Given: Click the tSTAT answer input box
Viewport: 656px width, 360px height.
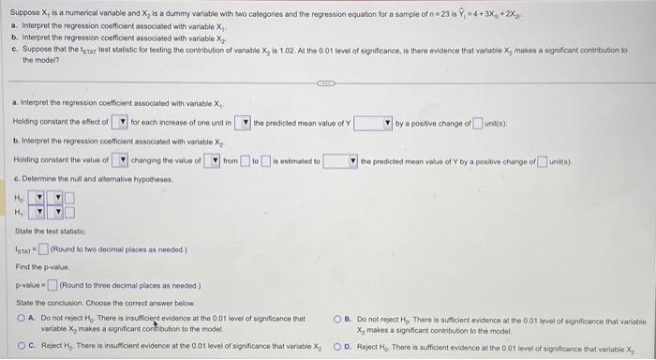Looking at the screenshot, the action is (x=44, y=247).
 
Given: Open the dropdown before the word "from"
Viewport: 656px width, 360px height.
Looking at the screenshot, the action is (x=215, y=161).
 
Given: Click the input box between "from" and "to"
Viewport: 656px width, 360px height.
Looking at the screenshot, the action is (x=245, y=161).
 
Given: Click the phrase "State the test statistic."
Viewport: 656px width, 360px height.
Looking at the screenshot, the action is (x=50, y=231).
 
